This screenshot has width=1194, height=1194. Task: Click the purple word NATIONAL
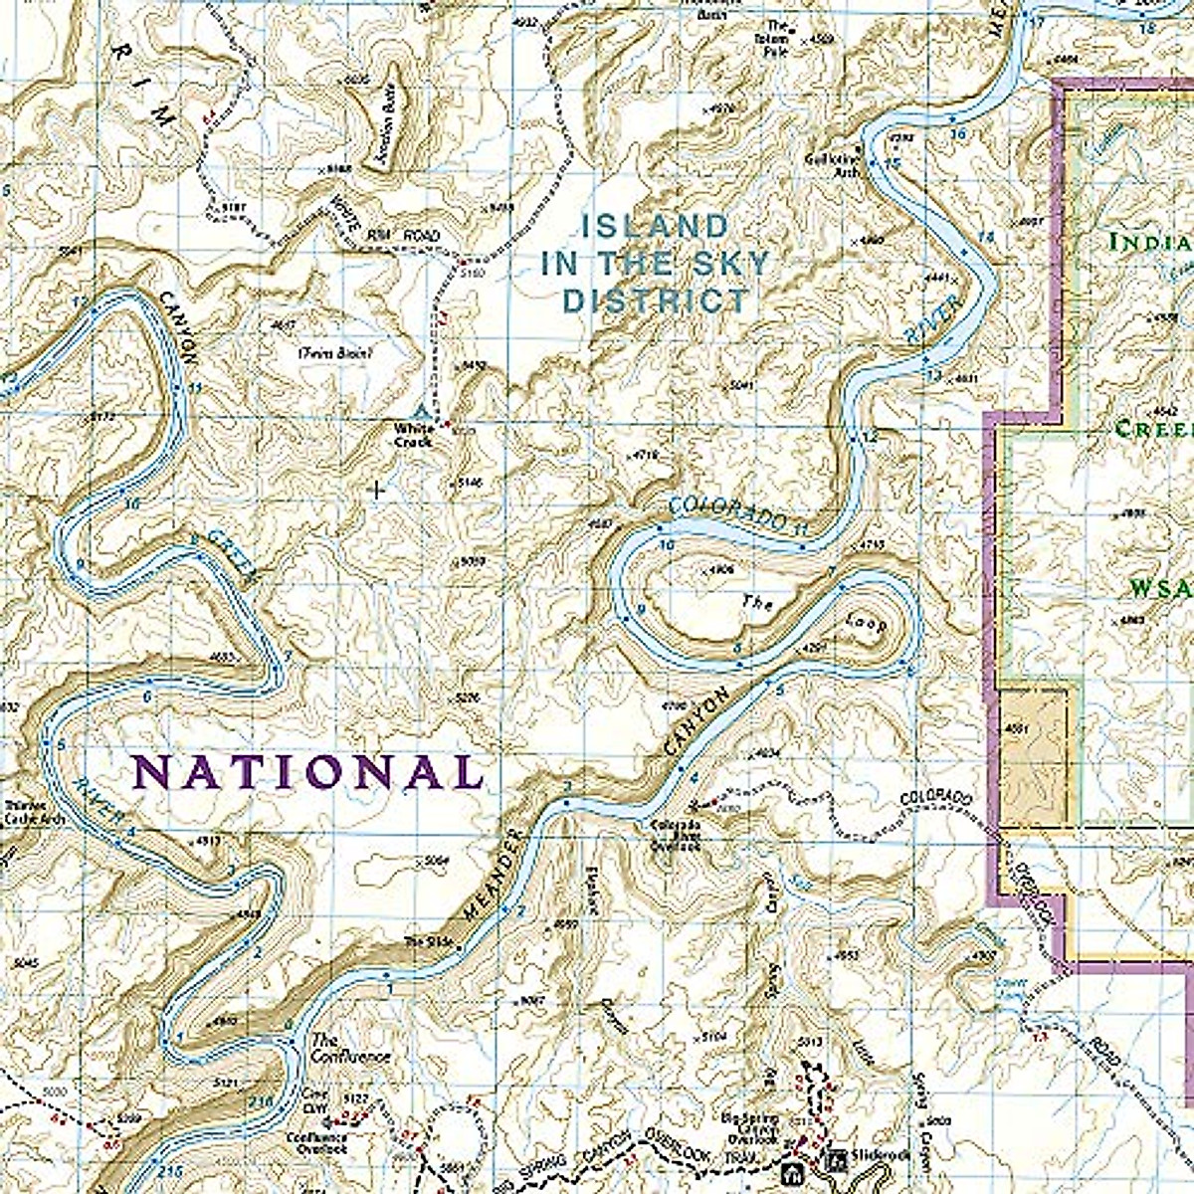pyautogui.click(x=307, y=772)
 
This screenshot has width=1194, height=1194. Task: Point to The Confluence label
pyautogui.click(x=350, y=1048)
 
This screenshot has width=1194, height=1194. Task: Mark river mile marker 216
pyautogui.click(x=262, y=1101)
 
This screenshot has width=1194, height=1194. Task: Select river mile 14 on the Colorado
pyautogui.click(x=985, y=236)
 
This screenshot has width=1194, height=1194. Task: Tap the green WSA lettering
pyautogui.click(x=1160, y=588)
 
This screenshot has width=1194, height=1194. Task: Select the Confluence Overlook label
pyautogui.click(x=316, y=1142)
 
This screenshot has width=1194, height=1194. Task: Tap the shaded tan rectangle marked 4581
pyautogui.click(x=1038, y=756)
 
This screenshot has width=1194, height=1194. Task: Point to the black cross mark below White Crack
pyautogui.click(x=377, y=490)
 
